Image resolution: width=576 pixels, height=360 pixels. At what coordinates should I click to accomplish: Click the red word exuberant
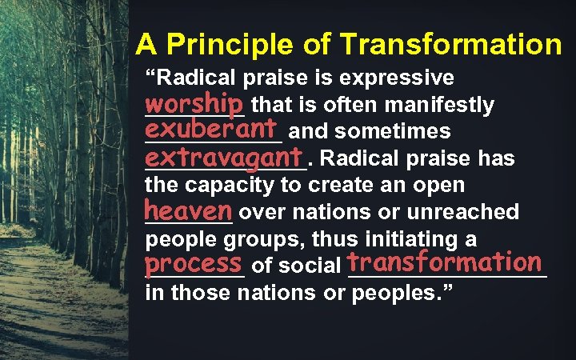(210, 129)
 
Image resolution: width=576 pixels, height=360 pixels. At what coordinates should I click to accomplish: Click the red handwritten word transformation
(446, 262)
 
